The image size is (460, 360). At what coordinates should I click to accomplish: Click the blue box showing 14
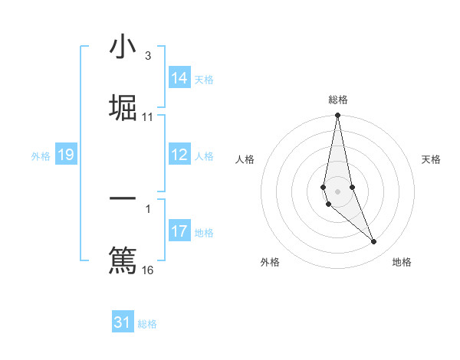coord(179,78)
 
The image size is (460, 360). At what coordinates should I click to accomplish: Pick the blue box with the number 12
coord(179,155)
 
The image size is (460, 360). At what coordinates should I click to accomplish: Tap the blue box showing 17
coord(179,231)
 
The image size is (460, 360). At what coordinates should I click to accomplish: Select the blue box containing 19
coord(66,155)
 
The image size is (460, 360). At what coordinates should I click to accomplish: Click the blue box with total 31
coord(123,322)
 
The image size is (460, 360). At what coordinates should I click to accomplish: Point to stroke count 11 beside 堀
coord(148,117)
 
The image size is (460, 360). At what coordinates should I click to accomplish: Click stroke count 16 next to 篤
coord(148,270)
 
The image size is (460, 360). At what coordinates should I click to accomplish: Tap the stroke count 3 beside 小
coord(148,56)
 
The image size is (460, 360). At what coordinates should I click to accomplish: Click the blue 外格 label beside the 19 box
coord(41,156)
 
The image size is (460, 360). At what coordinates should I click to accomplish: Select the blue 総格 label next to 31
coord(147,324)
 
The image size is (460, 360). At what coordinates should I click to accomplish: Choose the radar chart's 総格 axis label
coord(338,100)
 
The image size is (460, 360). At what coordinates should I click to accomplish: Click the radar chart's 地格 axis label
coord(402,263)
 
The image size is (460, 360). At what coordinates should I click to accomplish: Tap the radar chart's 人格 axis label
coord(245,159)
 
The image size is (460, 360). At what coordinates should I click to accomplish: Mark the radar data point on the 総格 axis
coord(338,116)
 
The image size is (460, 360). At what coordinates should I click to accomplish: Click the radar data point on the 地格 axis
coord(374,242)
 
